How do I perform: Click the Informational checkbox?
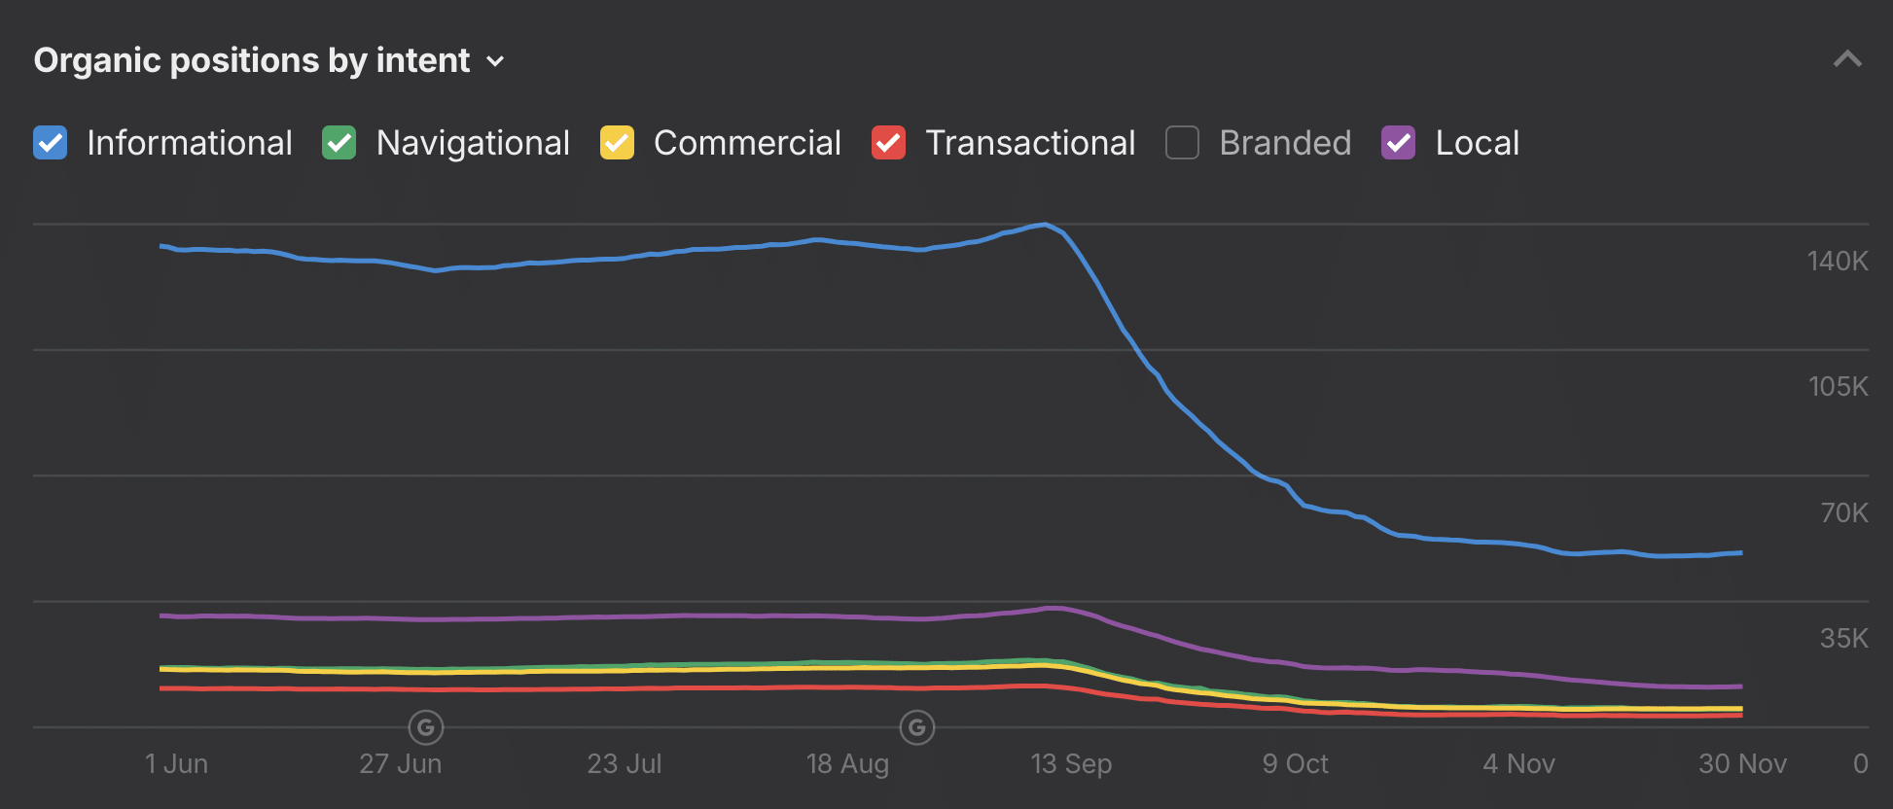point(51,143)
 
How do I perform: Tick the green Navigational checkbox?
point(339,143)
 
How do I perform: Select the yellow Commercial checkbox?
point(617,143)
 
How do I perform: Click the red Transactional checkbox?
point(888,143)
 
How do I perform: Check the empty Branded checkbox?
point(1182,143)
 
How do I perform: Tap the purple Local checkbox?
point(1399,143)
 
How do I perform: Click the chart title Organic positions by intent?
point(252,60)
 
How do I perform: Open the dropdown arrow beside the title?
point(495,61)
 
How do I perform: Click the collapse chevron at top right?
point(1847,60)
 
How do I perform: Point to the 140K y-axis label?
point(1838,261)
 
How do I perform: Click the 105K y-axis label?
point(1838,386)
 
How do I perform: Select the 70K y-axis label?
point(1843,512)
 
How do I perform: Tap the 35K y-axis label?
point(1843,638)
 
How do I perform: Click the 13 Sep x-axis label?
point(1071,764)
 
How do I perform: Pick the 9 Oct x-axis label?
point(1295,764)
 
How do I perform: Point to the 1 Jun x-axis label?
point(176,764)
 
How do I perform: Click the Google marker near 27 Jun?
point(426,727)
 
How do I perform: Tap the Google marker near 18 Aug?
point(917,727)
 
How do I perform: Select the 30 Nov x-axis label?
point(1742,764)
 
